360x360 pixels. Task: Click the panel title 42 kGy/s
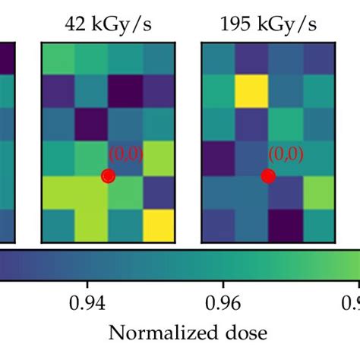point(107,25)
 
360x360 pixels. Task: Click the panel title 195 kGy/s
point(268,25)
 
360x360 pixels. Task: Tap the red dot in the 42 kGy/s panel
point(108,176)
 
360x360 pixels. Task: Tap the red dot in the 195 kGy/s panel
point(268,176)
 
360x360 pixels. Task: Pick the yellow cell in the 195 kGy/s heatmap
point(251,93)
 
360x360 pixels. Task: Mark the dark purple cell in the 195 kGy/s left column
point(218,159)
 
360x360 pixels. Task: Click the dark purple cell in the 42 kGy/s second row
point(125,93)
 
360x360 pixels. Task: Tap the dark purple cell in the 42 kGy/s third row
point(91,125)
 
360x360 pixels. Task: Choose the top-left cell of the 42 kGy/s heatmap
point(58,59)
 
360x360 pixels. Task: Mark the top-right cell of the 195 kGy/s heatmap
point(318,59)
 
